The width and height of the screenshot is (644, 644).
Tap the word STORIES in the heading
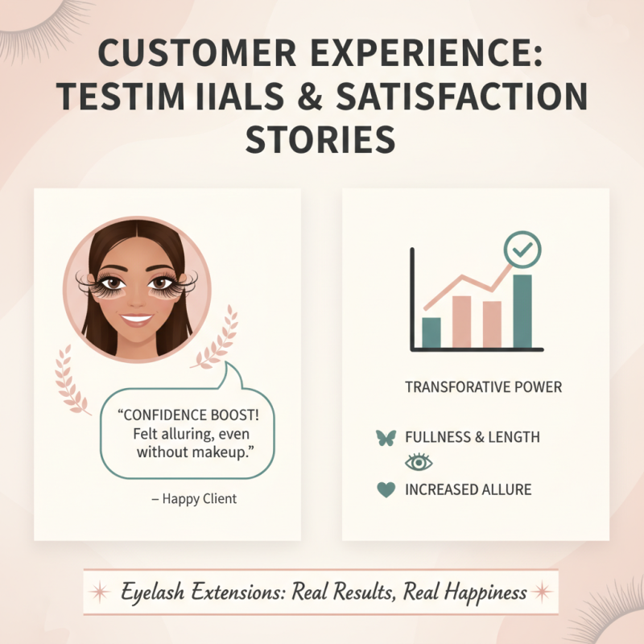pyautogui.click(x=320, y=138)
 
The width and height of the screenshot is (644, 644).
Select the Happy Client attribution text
pyautogui.click(x=194, y=499)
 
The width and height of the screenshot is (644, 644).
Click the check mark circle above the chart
pyautogui.click(x=522, y=251)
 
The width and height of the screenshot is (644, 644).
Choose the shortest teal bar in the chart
pyautogui.click(x=431, y=332)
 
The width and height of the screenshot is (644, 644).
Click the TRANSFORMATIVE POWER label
pyautogui.click(x=483, y=387)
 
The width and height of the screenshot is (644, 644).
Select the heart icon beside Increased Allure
pyautogui.click(x=387, y=489)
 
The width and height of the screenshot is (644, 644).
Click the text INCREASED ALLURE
pyautogui.click(x=468, y=489)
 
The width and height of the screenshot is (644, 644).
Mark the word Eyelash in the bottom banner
pyautogui.click(x=153, y=593)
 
